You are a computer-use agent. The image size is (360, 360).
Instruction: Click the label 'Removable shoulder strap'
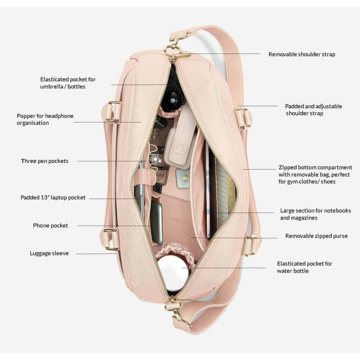(302, 54)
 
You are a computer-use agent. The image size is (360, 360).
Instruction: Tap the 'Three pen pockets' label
(45, 161)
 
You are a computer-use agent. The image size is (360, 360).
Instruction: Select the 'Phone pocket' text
(50, 225)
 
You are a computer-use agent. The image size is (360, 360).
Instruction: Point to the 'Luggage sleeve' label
(49, 253)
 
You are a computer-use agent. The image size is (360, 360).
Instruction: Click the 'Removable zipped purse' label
(316, 236)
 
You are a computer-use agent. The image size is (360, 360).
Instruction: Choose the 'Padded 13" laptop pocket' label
(53, 197)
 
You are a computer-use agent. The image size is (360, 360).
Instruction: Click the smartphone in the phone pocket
(156, 222)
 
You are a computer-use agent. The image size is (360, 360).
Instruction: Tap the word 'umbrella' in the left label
(52, 86)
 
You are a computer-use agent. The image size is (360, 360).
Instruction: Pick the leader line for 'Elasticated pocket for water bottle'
(224, 268)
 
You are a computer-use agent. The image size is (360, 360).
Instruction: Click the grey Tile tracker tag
(183, 179)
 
